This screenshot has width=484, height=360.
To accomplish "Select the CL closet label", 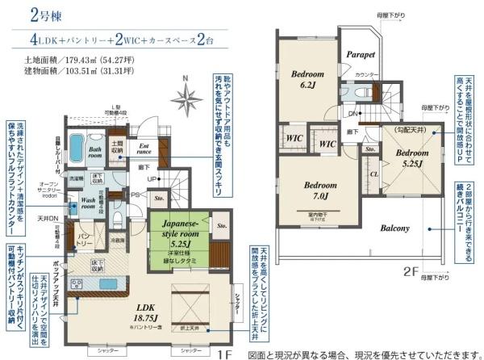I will [373, 171].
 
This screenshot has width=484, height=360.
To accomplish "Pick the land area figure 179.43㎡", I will [88, 59].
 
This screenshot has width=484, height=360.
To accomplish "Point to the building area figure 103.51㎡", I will [88, 71].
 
